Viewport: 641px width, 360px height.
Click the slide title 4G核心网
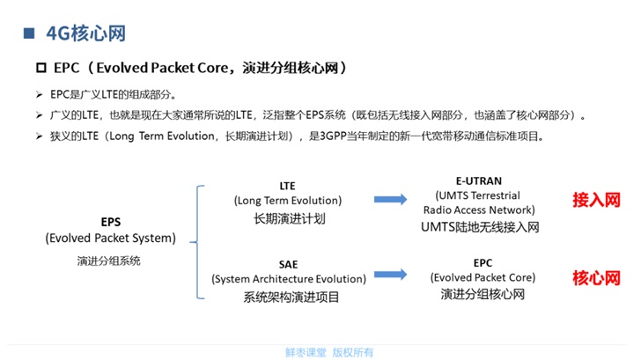[x=85, y=33]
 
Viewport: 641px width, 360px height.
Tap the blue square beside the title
[x=28, y=33]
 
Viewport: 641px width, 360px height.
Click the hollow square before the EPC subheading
[x=40, y=68]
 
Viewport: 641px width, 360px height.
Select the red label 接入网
[x=596, y=200]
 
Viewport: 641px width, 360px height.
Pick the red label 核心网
[x=596, y=278]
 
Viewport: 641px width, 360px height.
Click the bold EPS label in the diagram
[x=111, y=223]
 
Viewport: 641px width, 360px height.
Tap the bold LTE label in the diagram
[x=287, y=186]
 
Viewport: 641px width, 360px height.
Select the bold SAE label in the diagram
[x=287, y=263]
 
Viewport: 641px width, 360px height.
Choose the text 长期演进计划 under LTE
[x=287, y=217]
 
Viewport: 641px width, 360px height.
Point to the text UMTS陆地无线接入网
[x=479, y=227]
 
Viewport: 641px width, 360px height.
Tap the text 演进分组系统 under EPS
[x=110, y=261]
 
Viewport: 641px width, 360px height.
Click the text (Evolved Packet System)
[x=110, y=239]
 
